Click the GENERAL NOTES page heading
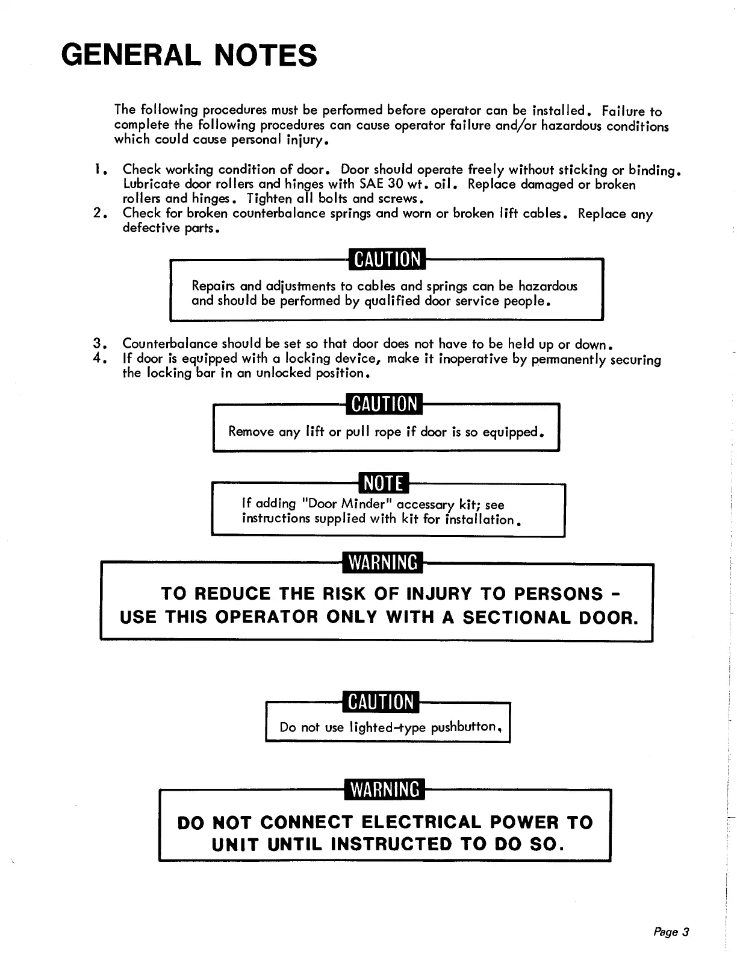point(189,55)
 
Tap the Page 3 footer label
point(671,932)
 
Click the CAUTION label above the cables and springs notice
point(387,259)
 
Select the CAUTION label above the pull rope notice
point(384,403)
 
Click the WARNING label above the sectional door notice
point(383,562)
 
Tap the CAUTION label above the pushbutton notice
point(381,702)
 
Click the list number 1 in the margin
point(99,170)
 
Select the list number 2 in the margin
point(99,213)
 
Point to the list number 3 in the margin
point(99,344)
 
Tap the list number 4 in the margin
point(99,359)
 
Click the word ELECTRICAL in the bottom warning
point(422,823)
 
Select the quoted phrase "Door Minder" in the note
point(349,503)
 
